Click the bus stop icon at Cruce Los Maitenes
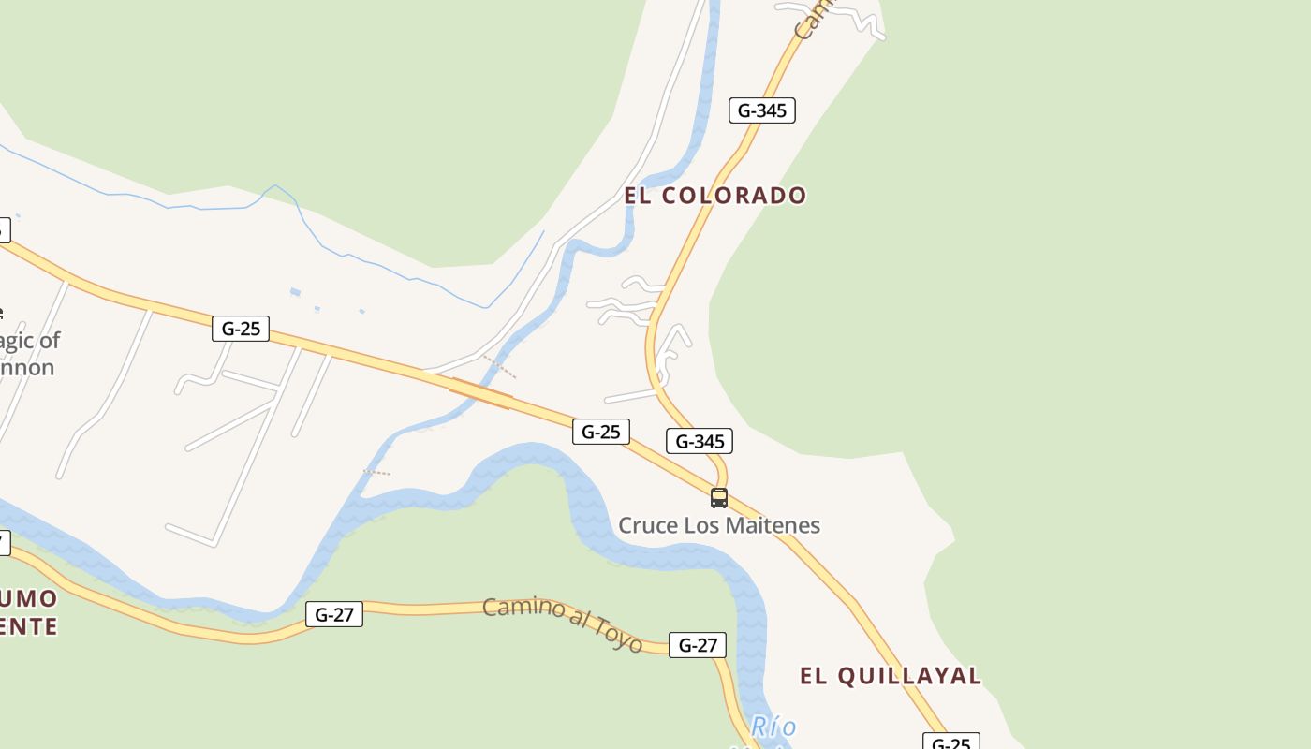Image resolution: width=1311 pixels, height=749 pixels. pyautogui.click(x=719, y=498)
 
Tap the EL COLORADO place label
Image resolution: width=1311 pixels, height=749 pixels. pyautogui.click(x=715, y=196)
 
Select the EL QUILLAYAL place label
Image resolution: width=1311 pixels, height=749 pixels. pyautogui.click(x=890, y=676)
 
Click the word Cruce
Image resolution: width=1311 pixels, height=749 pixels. pyautogui.click(x=648, y=525)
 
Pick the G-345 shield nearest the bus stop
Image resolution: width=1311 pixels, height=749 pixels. pyautogui.click(x=700, y=441)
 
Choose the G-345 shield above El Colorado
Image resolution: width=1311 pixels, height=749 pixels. pyautogui.click(x=762, y=110)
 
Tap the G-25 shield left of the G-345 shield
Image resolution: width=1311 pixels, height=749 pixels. pyautogui.click(x=600, y=432)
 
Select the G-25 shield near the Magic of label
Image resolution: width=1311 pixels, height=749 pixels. pyautogui.click(x=241, y=329)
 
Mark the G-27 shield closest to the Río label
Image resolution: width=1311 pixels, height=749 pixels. pyautogui.click(x=698, y=644)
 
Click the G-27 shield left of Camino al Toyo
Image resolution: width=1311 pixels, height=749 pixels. pyautogui.click(x=334, y=614)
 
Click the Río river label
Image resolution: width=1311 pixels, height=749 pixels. pyautogui.click(x=773, y=727)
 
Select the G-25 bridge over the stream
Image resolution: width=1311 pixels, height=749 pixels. pyautogui.click(x=480, y=393)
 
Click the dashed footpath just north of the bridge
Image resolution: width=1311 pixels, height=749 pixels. pyautogui.click(x=499, y=367)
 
